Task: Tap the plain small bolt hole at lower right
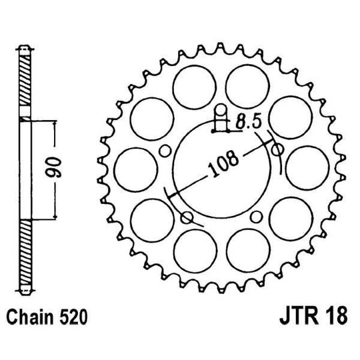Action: (x=257, y=215)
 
